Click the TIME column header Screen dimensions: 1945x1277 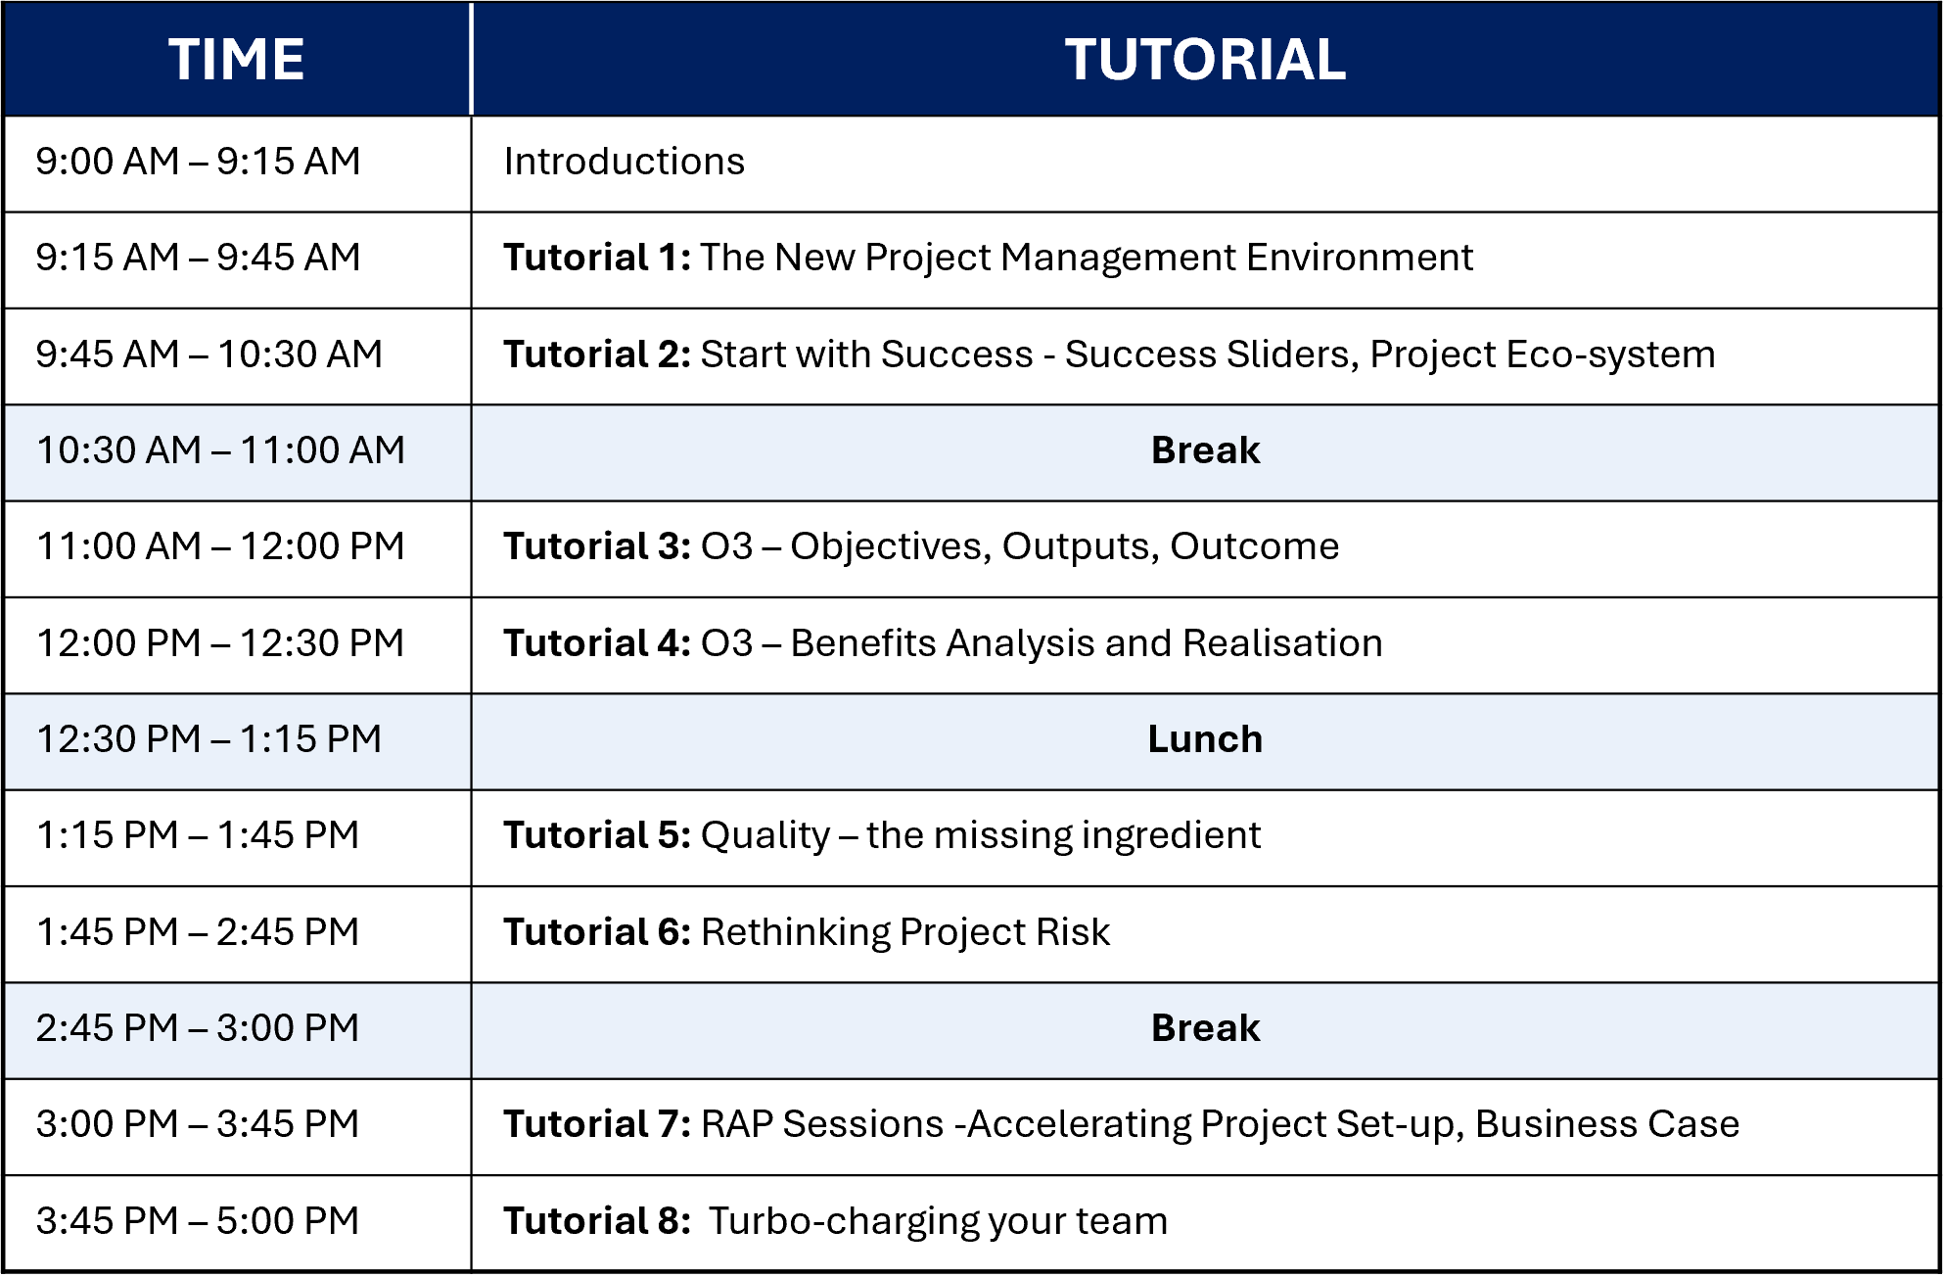click(236, 60)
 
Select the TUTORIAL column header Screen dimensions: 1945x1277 click(1205, 60)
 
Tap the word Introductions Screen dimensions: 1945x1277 click(625, 162)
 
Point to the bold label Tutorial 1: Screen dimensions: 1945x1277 click(597, 258)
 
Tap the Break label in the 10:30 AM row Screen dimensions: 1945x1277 click(1205, 450)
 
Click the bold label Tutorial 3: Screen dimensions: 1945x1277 click(597, 546)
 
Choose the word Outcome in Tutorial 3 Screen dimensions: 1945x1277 click(1254, 546)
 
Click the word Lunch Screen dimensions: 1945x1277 click(1205, 739)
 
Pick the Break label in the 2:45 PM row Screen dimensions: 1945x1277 click(1205, 1028)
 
